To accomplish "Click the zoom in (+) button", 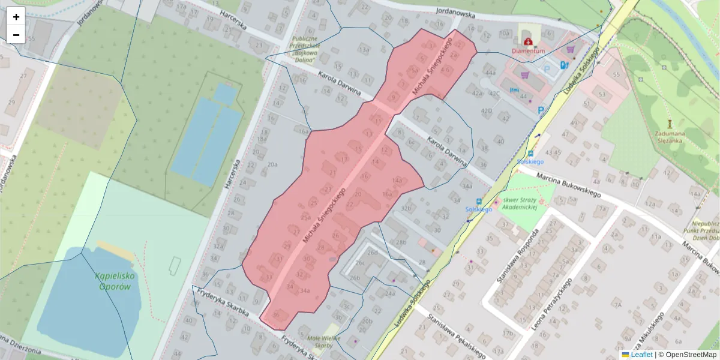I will (16, 17).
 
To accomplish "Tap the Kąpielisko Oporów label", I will (112, 281).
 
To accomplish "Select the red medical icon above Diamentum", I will (527, 41).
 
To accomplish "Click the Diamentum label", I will (528, 52).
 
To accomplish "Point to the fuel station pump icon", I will (563, 65).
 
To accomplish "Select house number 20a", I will (273, 164).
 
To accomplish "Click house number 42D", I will (486, 111).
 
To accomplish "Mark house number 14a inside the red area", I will (397, 180).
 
